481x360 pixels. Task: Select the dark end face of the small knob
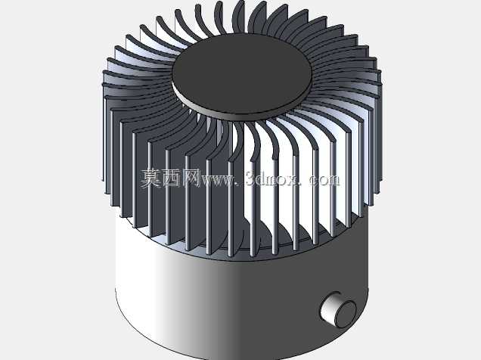pos(346,313)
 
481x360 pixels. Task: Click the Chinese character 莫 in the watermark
pos(151,178)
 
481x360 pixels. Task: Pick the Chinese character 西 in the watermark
pos(171,178)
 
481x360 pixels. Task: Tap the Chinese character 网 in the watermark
pos(191,178)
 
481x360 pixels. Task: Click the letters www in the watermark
pos(217,181)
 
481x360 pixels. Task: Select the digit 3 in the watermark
pos(250,178)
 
